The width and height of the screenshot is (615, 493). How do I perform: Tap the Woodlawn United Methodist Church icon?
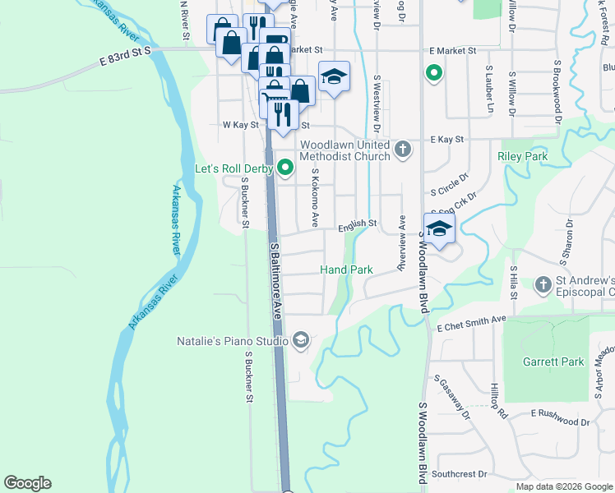[x=402, y=149]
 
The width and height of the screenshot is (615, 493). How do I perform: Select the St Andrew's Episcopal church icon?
[x=542, y=284]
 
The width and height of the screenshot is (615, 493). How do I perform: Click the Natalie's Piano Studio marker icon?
[x=301, y=340]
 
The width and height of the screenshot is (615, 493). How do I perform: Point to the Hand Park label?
[x=346, y=270]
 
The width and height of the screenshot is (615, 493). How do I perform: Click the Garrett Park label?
[x=553, y=362]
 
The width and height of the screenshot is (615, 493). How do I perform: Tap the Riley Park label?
[x=522, y=155]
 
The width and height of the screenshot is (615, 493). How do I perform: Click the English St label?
[x=358, y=223]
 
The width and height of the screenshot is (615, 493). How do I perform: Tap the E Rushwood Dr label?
[x=560, y=422]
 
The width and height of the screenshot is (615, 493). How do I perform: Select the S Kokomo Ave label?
[x=315, y=199]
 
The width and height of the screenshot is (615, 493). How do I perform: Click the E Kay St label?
[x=446, y=141]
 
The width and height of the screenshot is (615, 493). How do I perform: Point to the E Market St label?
[x=451, y=50]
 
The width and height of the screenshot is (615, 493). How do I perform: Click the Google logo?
[x=27, y=483]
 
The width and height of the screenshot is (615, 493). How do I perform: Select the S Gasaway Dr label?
[x=453, y=398]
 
